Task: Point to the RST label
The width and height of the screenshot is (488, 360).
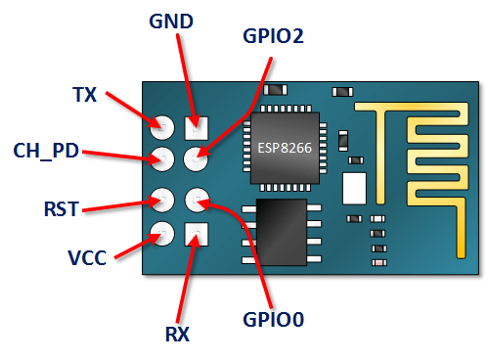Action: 61,207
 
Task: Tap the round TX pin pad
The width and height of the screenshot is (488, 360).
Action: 161,126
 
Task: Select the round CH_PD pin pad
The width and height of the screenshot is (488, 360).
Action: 161,158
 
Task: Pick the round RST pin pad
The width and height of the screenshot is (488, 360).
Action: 161,201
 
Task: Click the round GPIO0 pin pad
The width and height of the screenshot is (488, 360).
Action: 197,201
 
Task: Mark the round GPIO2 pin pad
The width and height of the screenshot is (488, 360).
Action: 197,158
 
